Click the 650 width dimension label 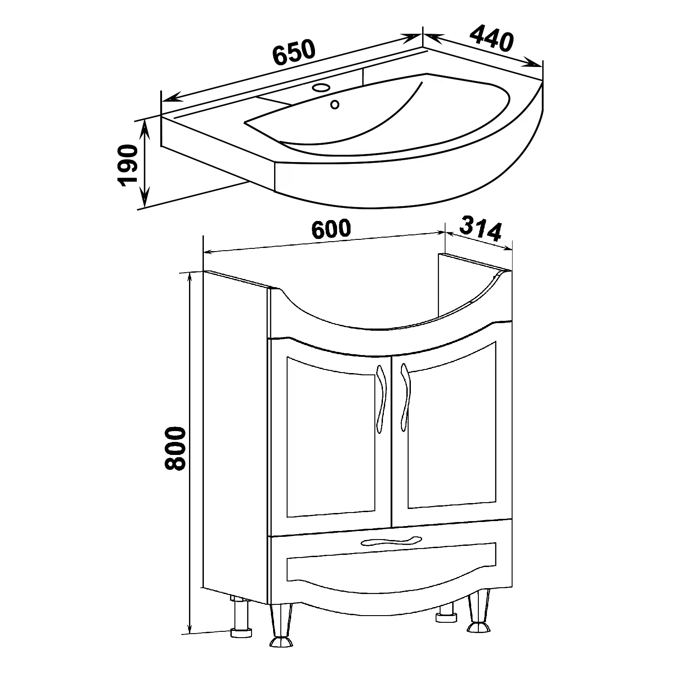pyautogui.click(x=294, y=52)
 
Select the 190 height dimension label pyautogui.click(x=127, y=165)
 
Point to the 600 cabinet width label pyautogui.click(x=331, y=229)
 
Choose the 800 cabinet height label pyautogui.click(x=175, y=449)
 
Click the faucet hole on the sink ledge pyautogui.click(x=321, y=87)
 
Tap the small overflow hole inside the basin pyautogui.click(x=334, y=104)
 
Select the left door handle pyautogui.click(x=381, y=398)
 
